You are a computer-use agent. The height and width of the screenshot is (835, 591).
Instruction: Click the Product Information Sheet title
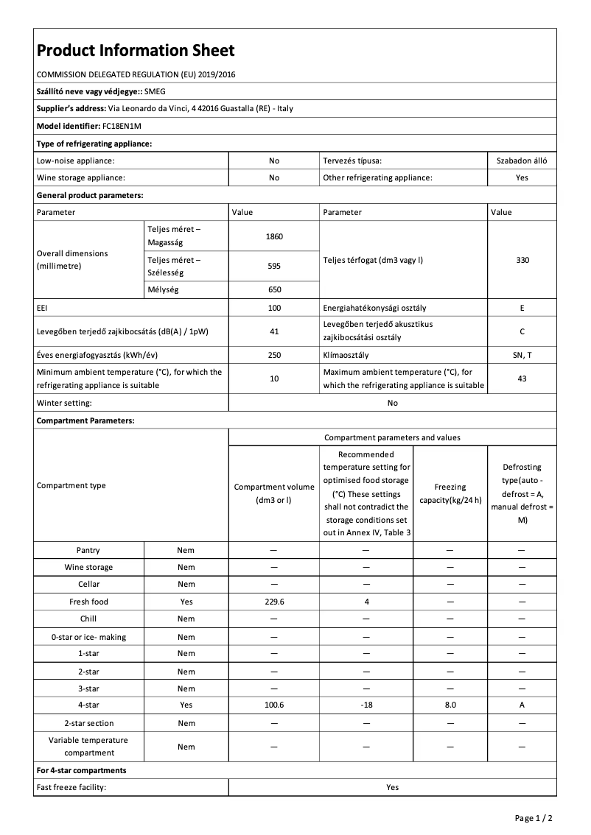pyautogui.click(x=136, y=50)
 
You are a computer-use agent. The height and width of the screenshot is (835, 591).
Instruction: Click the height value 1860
pyautogui.click(x=274, y=236)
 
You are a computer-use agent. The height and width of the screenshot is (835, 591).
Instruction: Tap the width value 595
pyautogui.click(x=274, y=266)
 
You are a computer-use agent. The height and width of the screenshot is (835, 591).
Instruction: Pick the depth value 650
pyautogui.click(x=274, y=289)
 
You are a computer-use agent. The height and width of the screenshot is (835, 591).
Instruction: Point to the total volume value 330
pyautogui.click(x=522, y=260)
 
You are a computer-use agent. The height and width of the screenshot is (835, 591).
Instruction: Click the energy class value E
pyautogui.click(x=522, y=308)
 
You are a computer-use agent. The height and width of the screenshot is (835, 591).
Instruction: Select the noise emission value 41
pyautogui.click(x=274, y=331)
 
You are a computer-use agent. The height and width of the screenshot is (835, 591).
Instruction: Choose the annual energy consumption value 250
pyautogui.click(x=274, y=355)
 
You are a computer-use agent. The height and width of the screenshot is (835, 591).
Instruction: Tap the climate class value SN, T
pyautogui.click(x=522, y=355)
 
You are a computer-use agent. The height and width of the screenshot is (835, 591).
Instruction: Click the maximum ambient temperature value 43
pyautogui.click(x=522, y=378)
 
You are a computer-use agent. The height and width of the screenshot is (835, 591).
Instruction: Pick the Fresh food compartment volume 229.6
pyautogui.click(x=274, y=602)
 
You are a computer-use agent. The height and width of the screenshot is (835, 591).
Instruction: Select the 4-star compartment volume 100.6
pyautogui.click(x=274, y=705)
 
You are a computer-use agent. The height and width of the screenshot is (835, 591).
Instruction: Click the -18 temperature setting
pyautogui.click(x=366, y=705)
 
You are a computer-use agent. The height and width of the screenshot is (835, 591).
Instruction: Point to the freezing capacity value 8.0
pyautogui.click(x=450, y=705)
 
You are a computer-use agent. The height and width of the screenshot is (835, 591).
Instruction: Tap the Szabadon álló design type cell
pyautogui.click(x=522, y=160)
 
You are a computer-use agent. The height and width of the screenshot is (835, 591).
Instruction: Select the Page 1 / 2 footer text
pyautogui.click(x=534, y=817)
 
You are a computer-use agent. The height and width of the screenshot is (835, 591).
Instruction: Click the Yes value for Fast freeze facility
pyautogui.click(x=392, y=787)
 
